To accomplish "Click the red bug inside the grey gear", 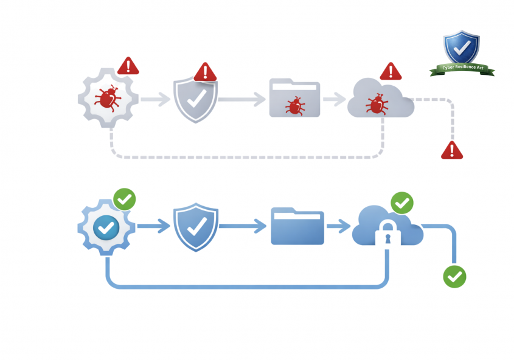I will tap(108, 98).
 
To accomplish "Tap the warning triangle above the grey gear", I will tap(128, 66).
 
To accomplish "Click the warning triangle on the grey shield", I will tap(205, 72).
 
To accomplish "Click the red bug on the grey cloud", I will tap(376, 103).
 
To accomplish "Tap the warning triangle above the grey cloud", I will tap(391, 71).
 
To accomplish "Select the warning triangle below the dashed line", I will tap(451, 150).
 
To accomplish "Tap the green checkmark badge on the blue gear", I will tap(125, 199).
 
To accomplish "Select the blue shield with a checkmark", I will tap(195, 227).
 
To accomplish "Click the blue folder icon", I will tap(297, 226).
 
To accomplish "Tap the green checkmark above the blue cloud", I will tap(401, 202).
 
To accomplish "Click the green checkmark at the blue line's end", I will tap(454, 276).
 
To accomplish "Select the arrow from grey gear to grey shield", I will tap(156, 99).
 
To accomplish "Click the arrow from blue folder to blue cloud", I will tap(338, 227).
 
